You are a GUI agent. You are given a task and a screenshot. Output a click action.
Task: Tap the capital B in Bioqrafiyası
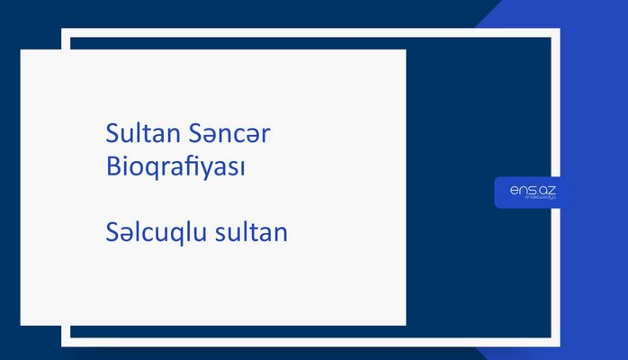click(x=113, y=167)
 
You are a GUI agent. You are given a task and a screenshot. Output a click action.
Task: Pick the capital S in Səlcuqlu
click(x=112, y=233)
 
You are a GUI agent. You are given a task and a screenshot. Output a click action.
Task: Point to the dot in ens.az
click(x=534, y=192)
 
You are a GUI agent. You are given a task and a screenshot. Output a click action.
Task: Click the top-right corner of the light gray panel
click(x=405, y=50)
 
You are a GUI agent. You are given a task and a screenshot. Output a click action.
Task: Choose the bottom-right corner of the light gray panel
click(x=405, y=324)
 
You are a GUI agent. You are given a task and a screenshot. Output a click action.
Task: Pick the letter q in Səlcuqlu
click(x=175, y=236)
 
